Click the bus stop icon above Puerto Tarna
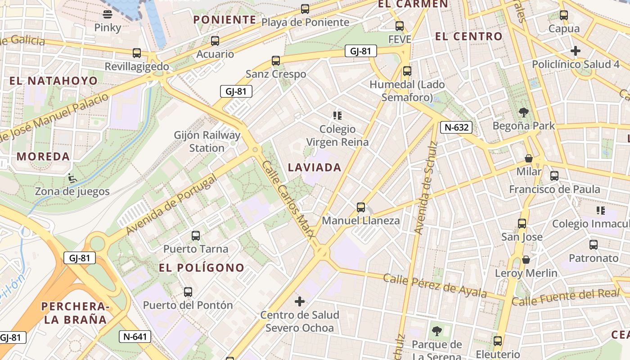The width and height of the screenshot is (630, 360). (x=196, y=235)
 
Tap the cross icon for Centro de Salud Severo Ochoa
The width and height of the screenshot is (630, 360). (x=299, y=301)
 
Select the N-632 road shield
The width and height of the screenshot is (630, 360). (x=456, y=127)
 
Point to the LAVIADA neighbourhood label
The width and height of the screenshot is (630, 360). (x=315, y=167)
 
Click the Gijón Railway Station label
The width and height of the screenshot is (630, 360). (x=207, y=141)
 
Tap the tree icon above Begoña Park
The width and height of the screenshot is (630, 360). (x=523, y=112)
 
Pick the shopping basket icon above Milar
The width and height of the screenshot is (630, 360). (x=529, y=158)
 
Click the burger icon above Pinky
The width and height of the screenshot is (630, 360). (x=108, y=14)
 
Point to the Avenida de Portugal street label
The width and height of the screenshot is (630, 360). (x=171, y=204)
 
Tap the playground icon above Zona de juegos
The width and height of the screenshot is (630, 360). (x=72, y=178)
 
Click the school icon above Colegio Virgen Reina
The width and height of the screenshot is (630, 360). (x=337, y=116)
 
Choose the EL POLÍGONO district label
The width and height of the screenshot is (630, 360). (x=202, y=268)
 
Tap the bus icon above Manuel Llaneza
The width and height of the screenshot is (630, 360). (x=361, y=207)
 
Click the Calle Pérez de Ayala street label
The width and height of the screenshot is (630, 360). (x=435, y=285)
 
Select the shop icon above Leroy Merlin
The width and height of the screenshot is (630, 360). (x=526, y=260)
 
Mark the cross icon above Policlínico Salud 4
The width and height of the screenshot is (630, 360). (x=575, y=51)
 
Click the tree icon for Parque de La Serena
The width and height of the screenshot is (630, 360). (x=436, y=332)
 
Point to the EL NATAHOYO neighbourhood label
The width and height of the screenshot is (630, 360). (x=54, y=81)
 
